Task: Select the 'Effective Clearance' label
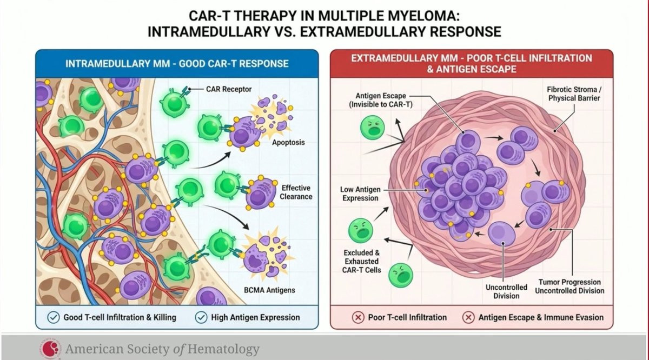click(296, 192)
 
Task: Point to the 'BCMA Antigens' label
click(269, 290)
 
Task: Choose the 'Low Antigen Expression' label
click(360, 194)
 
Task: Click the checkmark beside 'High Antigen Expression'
click(201, 317)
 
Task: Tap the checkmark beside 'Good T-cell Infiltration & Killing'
click(54, 317)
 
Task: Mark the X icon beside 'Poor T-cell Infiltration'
click(358, 317)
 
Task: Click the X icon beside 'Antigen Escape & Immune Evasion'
click(469, 317)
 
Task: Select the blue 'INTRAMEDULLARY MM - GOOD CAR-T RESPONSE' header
click(177, 63)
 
